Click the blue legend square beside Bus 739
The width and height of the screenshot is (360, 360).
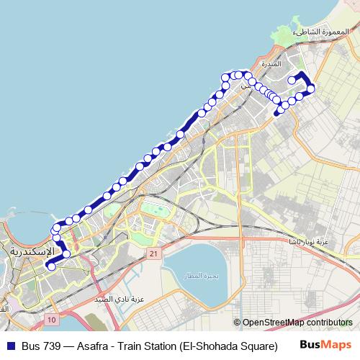10,345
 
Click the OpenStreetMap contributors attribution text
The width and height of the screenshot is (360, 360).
297,323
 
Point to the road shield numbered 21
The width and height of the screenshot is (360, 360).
153,254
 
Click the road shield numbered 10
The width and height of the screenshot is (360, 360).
51,318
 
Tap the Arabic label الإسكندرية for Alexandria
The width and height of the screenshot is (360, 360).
35,252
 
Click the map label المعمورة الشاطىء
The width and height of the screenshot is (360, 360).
322,32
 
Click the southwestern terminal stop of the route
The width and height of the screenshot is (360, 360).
50,266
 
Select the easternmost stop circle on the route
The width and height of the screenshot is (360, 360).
311,89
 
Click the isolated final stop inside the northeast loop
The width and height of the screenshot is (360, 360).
292,81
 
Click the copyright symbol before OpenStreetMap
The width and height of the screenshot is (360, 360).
237,323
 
